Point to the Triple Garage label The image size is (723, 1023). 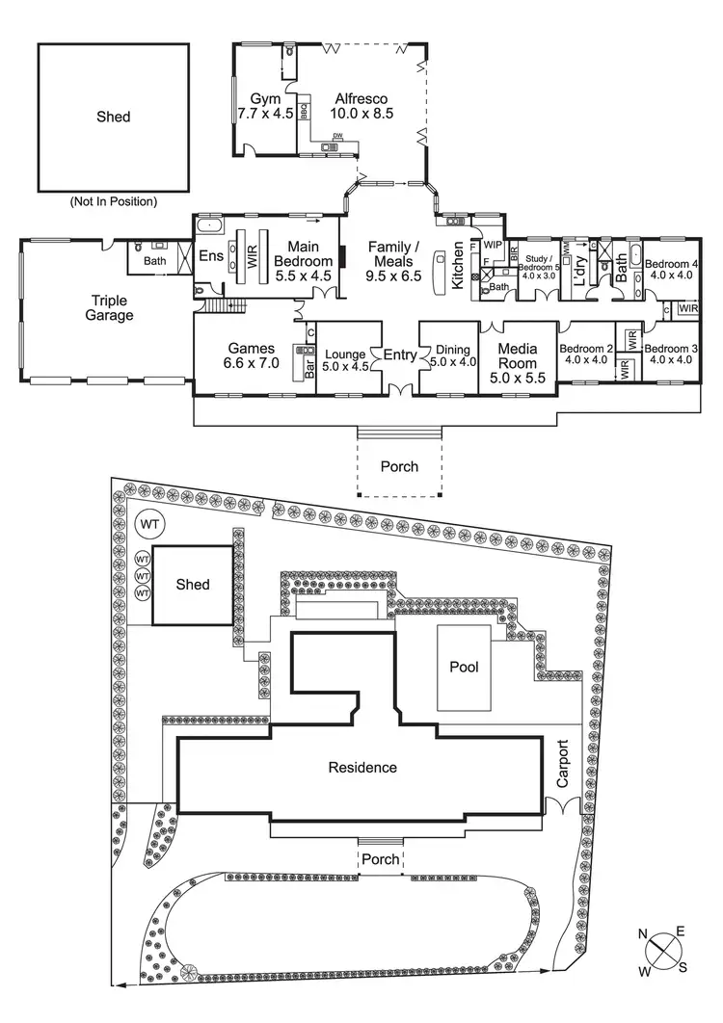(x=112, y=308)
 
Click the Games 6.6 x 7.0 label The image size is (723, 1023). (x=253, y=356)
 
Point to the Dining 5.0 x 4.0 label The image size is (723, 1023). (x=451, y=356)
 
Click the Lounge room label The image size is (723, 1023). (x=345, y=359)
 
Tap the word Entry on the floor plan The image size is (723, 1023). (x=400, y=355)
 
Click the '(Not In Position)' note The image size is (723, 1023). (x=113, y=202)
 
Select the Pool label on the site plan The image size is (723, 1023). (x=464, y=667)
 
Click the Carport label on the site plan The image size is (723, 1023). (x=565, y=764)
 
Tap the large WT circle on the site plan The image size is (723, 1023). (x=149, y=524)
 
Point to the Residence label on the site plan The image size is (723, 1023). (x=362, y=768)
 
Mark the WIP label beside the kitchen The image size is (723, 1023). (x=493, y=245)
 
